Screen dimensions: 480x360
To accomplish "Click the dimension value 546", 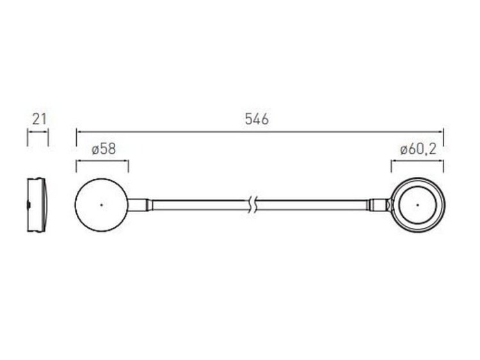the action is (x=257, y=119).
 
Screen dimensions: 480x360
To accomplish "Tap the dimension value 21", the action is (x=39, y=119).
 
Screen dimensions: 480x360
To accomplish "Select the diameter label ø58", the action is (x=104, y=149).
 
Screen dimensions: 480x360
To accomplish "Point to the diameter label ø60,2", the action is (x=418, y=149).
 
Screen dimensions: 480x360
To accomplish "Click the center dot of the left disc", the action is (x=102, y=205).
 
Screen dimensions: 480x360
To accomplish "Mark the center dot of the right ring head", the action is (x=417, y=205).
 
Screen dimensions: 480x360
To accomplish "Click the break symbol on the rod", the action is (x=253, y=205).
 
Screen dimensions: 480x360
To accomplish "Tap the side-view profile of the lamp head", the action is (x=37, y=205).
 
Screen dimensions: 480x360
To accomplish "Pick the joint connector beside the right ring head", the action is (x=380, y=205).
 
